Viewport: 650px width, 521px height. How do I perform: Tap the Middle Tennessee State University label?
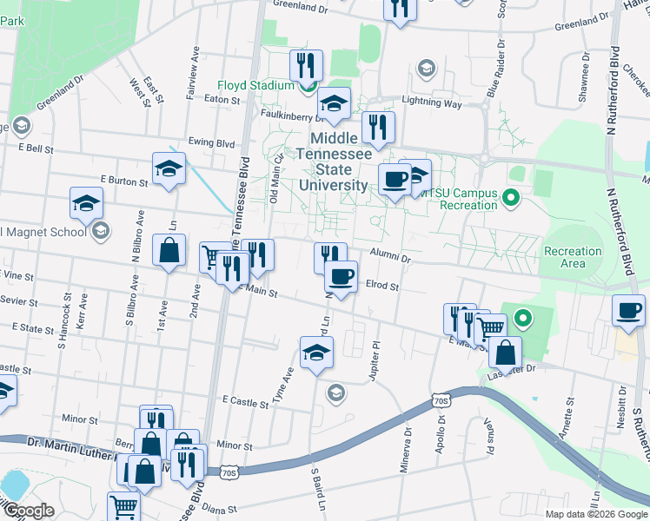(334, 162)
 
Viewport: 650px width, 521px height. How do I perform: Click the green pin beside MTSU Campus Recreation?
(511, 199)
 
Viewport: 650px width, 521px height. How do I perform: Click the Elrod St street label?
(381, 285)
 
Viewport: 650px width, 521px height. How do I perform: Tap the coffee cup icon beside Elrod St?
(341, 277)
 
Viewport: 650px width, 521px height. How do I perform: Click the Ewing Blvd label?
(212, 142)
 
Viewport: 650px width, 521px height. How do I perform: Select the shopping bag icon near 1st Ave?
(168, 251)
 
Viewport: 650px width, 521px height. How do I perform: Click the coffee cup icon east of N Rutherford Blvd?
(628, 310)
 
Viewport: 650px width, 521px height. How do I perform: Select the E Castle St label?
(246, 401)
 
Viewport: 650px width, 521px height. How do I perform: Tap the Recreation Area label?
(572, 257)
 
